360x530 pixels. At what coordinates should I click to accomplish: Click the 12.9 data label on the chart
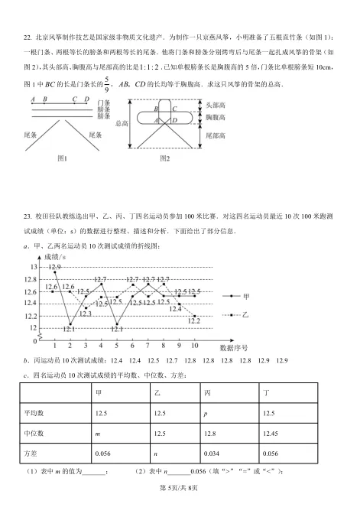coord(56,268)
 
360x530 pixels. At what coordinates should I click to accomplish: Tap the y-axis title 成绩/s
coord(56,255)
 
